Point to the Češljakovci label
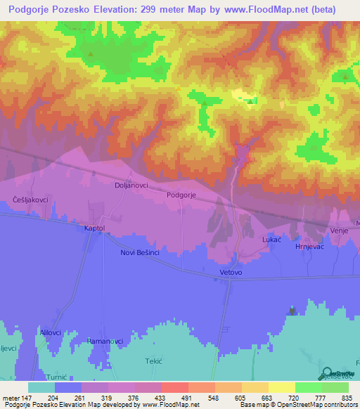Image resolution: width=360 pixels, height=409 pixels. pyautogui.click(x=30, y=200)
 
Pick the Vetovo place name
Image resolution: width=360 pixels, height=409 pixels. pyautogui.click(x=231, y=271)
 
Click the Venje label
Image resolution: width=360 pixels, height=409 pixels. pyautogui.click(x=339, y=231)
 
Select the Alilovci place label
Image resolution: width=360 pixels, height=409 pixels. pyautogui.click(x=51, y=332)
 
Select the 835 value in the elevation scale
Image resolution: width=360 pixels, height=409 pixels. pyautogui.click(x=347, y=397)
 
